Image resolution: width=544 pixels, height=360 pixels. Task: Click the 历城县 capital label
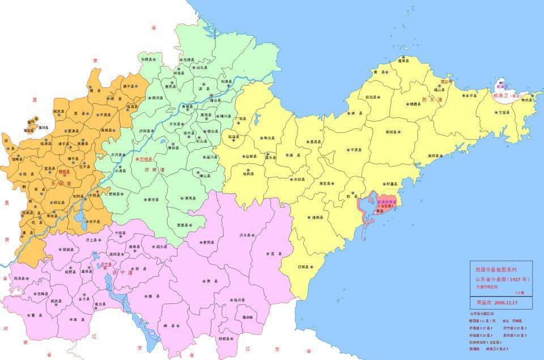146,159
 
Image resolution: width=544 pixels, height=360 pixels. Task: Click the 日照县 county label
304,266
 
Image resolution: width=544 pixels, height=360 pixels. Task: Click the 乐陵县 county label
147,59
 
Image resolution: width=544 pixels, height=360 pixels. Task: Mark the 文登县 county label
503,113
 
